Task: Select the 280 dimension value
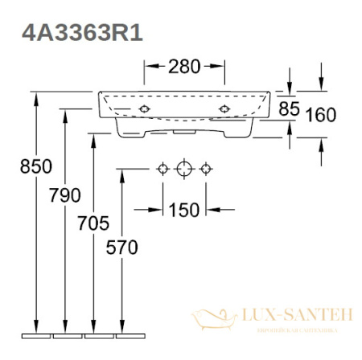click(183, 67)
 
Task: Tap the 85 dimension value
click(290, 108)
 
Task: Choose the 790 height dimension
click(65, 195)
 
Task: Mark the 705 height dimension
click(94, 223)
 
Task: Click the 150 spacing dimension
click(183, 211)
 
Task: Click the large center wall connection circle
click(184, 169)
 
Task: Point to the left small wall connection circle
click(162, 169)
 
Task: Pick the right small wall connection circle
click(206, 169)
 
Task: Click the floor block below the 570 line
click(121, 332)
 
